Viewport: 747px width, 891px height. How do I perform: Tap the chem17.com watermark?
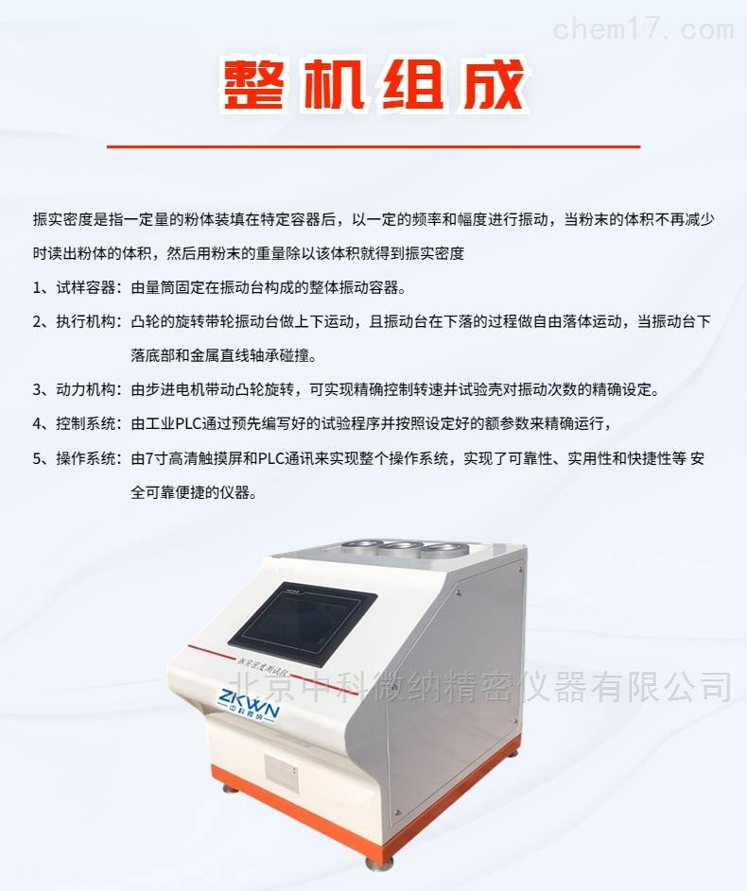[643, 27]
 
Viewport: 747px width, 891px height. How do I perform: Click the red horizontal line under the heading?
[373, 146]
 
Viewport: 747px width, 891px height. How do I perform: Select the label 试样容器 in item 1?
[86, 287]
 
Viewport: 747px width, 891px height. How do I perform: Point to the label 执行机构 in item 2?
[86, 321]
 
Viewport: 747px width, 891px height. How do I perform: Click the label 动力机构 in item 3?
[86, 390]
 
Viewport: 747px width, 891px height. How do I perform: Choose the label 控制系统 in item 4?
[86, 424]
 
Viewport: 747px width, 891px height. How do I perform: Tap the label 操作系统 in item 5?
[86, 458]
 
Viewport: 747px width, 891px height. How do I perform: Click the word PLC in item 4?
[187, 424]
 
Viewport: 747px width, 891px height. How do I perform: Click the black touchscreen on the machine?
[303, 624]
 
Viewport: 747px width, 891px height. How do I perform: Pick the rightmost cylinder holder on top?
[442, 549]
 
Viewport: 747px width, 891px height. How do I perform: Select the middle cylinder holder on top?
[401, 547]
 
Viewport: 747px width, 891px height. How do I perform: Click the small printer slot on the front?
[282, 774]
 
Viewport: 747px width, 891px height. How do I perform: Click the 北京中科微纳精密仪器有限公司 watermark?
[480, 686]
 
